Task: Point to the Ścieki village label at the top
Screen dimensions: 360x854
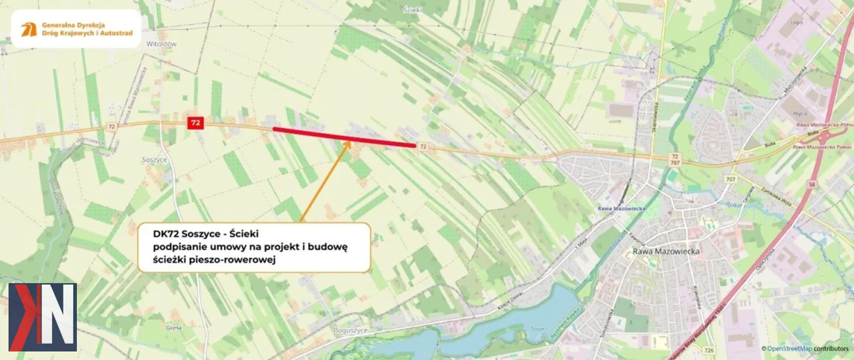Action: click(x=413, y=10)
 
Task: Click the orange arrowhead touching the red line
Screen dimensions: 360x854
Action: click(x=347, y=143)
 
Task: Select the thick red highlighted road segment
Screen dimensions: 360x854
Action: click(x=344, y=137)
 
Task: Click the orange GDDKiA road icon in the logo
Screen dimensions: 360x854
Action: click(x=29, y=29)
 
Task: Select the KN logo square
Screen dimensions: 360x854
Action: click(x=42, y=317)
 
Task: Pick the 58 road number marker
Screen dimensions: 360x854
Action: click(x=812, y=184)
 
